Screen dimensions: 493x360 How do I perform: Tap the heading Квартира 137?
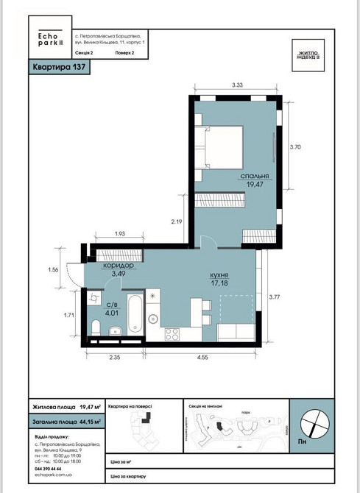(x=59, y=68)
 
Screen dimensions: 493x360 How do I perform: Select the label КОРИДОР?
(x=118, y=265)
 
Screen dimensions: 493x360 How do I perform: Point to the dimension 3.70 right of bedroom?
(x=296, y=147)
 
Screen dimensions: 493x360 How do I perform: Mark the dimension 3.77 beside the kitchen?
(x=275, y=297)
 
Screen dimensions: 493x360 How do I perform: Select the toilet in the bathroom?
(x=95, y=327)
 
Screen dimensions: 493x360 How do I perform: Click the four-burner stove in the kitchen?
(x=172, y=334)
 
